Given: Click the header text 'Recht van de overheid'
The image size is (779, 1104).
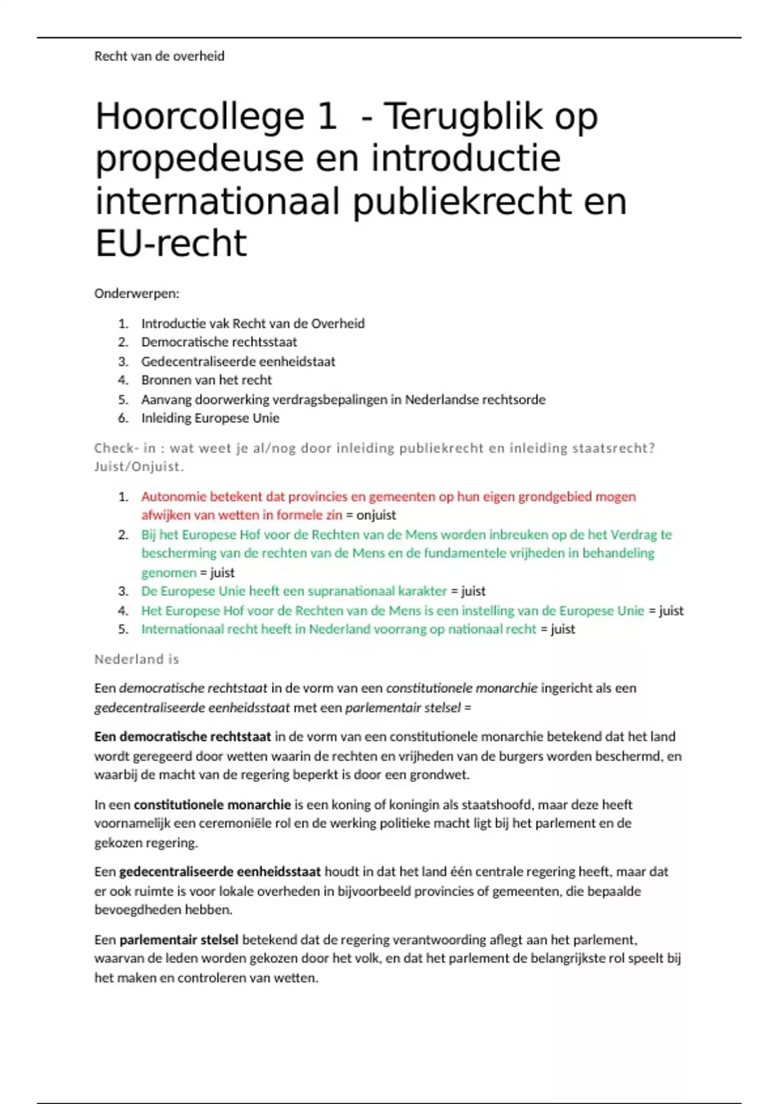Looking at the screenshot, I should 159,56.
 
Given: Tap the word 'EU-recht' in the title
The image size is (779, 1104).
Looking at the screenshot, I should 171,244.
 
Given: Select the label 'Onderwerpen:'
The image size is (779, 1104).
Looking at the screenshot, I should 136,294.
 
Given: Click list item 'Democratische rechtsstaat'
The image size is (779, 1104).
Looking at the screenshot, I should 219,342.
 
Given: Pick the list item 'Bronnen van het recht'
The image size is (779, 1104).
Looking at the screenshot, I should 206,380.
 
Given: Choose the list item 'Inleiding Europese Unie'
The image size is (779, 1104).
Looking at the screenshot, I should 210,418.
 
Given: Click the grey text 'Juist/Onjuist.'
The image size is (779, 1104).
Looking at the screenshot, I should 139,466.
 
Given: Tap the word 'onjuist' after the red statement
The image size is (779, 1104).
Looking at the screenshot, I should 376,515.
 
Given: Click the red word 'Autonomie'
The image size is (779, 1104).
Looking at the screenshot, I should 169,497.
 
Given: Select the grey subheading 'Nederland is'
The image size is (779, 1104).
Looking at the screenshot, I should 136,659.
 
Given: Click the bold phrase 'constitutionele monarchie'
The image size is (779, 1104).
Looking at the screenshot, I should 212,805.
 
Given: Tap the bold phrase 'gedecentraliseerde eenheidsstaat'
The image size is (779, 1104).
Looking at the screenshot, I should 220,872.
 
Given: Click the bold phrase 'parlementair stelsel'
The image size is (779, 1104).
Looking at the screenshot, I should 179,940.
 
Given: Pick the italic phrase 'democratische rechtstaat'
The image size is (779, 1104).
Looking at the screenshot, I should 193,688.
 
